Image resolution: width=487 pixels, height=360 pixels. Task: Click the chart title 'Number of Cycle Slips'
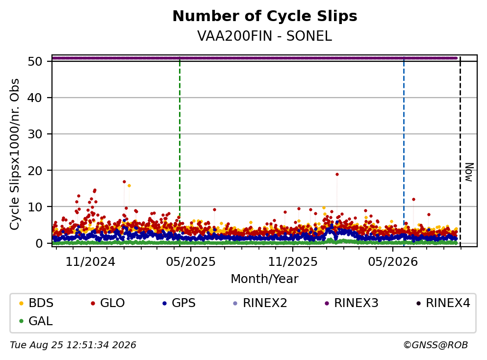[265, 16]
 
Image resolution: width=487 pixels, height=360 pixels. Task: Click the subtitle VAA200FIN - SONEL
[265, 36]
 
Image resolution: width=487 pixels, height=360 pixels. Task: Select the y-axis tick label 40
[35, 98]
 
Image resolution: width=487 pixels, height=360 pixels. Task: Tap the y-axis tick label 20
[35, 171]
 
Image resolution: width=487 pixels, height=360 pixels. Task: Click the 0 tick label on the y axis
[39, 243]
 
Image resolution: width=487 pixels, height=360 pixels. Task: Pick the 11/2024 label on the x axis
[90, 262]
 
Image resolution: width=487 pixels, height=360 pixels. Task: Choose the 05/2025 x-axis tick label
[191, 262]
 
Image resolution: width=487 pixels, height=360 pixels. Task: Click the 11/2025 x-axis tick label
[293, 262]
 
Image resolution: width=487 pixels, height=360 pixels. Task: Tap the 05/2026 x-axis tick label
[393, 262]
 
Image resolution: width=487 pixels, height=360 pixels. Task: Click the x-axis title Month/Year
[265, 279]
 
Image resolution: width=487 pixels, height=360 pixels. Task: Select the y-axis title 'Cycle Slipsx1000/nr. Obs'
[14, 154]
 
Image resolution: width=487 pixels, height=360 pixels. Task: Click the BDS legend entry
[36, 303]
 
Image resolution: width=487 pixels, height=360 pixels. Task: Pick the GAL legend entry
[36, 321]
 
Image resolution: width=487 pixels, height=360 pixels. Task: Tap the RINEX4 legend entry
[443, 303]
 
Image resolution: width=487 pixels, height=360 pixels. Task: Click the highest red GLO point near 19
[337, 174]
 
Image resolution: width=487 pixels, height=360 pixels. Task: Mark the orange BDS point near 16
[129, 185]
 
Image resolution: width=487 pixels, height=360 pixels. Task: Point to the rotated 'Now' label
[469, 172]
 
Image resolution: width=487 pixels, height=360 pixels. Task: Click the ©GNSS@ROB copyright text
[436, 345]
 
